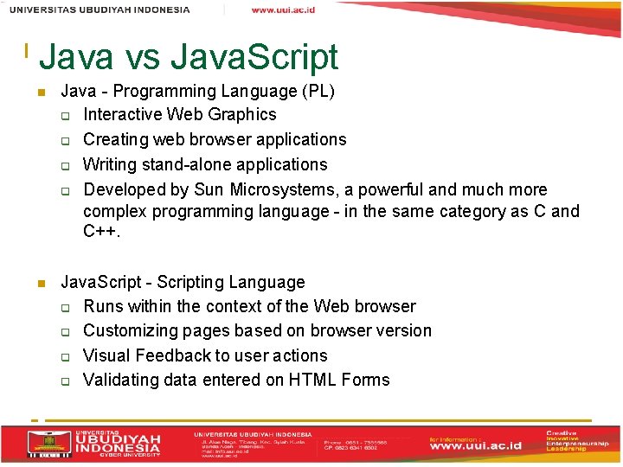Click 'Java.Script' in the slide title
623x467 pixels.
254,58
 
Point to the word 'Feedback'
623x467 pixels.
173,355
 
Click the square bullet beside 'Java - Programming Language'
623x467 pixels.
40,92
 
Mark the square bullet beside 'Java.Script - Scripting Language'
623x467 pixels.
40,283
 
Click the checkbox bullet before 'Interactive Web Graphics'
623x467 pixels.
64,115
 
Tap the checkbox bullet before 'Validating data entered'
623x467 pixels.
64,381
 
